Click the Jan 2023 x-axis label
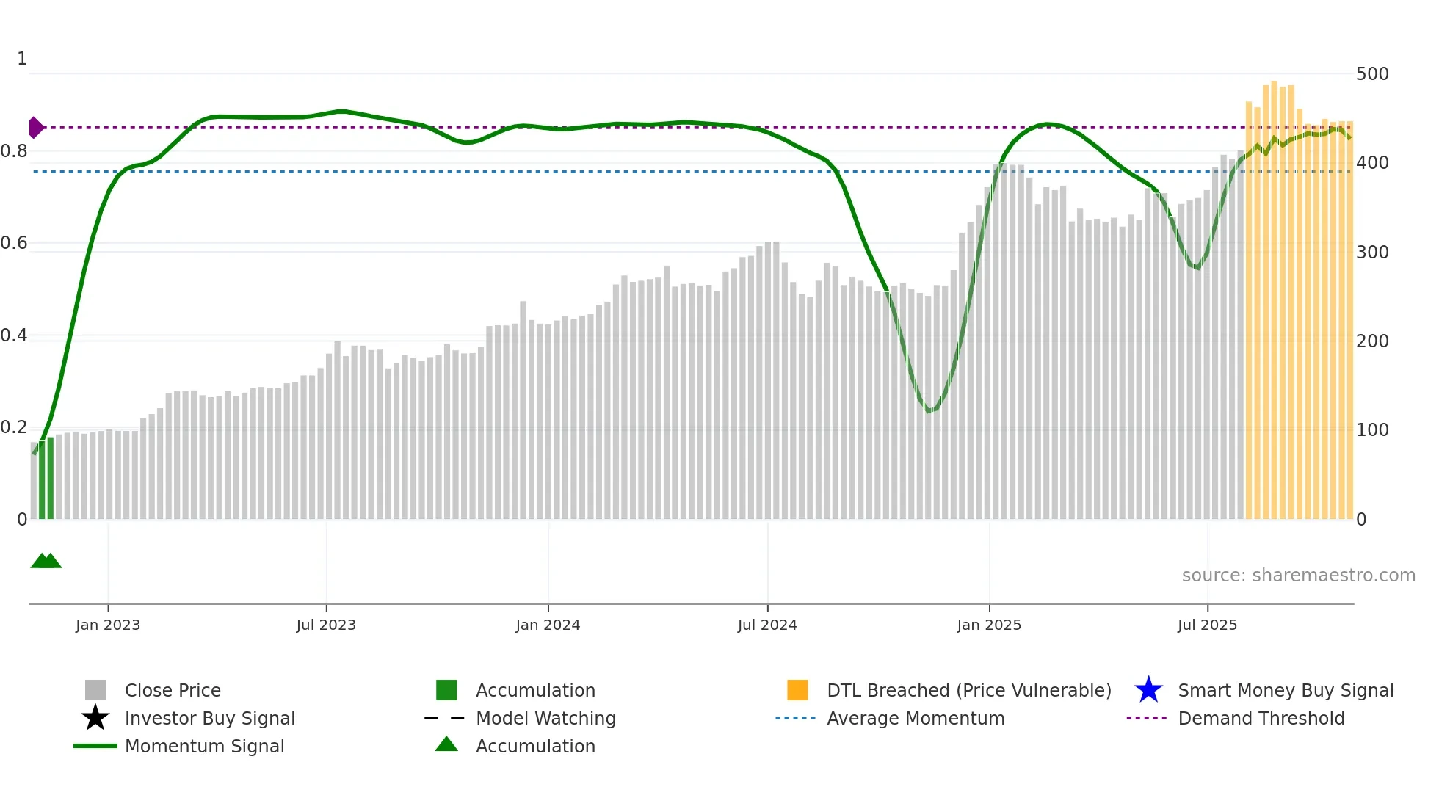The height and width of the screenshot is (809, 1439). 107,625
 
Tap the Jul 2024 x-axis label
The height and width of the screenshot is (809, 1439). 767,625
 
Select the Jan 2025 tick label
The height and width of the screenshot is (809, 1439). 989,625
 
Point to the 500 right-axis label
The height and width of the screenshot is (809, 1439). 1371,74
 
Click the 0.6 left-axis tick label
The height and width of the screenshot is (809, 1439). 15,243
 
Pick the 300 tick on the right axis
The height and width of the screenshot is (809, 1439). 1371,253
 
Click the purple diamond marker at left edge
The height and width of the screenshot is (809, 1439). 35,128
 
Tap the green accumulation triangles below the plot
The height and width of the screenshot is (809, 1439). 46,562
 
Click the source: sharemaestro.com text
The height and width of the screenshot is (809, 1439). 1298,576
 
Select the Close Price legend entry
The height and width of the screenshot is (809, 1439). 173,691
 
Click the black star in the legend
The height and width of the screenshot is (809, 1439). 95,718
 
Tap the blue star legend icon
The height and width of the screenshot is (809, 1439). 1148,690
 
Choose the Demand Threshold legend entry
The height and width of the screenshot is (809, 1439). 1261,719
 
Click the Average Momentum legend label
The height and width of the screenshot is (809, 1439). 915,719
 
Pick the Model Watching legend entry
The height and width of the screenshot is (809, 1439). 545,719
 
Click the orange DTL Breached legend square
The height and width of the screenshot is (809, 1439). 797,690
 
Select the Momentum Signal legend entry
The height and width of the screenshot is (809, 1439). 204,747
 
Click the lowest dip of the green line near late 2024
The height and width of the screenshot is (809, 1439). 929,410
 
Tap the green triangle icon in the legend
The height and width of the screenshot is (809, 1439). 446,745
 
